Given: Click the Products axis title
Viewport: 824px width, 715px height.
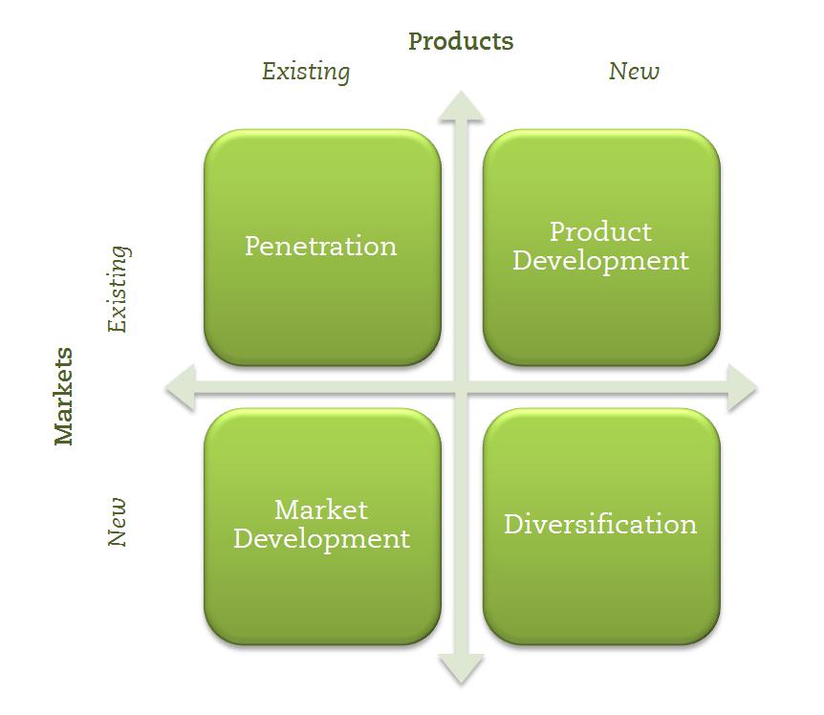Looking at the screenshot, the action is pos(461,41).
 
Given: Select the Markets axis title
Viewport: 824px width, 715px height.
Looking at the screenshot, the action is pos(64,396).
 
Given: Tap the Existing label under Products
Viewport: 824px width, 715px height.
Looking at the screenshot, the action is pos(306,72).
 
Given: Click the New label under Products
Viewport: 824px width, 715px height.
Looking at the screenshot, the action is pos(634,71).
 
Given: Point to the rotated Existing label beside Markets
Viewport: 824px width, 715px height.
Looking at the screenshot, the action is pos(119,289).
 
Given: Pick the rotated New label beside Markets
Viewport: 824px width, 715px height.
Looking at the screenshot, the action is pos(117,522).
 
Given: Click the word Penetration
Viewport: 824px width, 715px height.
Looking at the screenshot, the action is pos(320,246).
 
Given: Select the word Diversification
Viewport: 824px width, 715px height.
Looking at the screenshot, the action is pos(600,524).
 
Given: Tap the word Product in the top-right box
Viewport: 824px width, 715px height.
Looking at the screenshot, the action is pos(600,231).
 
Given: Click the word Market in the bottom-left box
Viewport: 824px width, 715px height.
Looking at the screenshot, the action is pos(321,509).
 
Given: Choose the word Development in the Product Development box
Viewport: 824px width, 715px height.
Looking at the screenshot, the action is pos(600,261).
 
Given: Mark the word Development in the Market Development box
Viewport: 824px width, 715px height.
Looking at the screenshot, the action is pos(321,539).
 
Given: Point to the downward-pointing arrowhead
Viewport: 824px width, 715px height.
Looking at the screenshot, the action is pos(461,669).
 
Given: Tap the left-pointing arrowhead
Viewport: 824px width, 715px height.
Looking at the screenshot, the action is pos(181,388).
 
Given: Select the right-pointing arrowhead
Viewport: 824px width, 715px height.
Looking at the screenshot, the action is pos(742,388).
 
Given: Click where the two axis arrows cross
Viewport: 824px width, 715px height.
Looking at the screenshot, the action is pos(461,388).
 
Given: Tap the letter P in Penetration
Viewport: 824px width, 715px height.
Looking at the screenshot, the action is pos(252,246).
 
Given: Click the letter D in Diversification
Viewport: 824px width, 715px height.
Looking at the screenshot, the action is pos(513,524).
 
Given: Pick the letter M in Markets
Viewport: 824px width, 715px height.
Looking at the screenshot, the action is pos(64,432).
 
